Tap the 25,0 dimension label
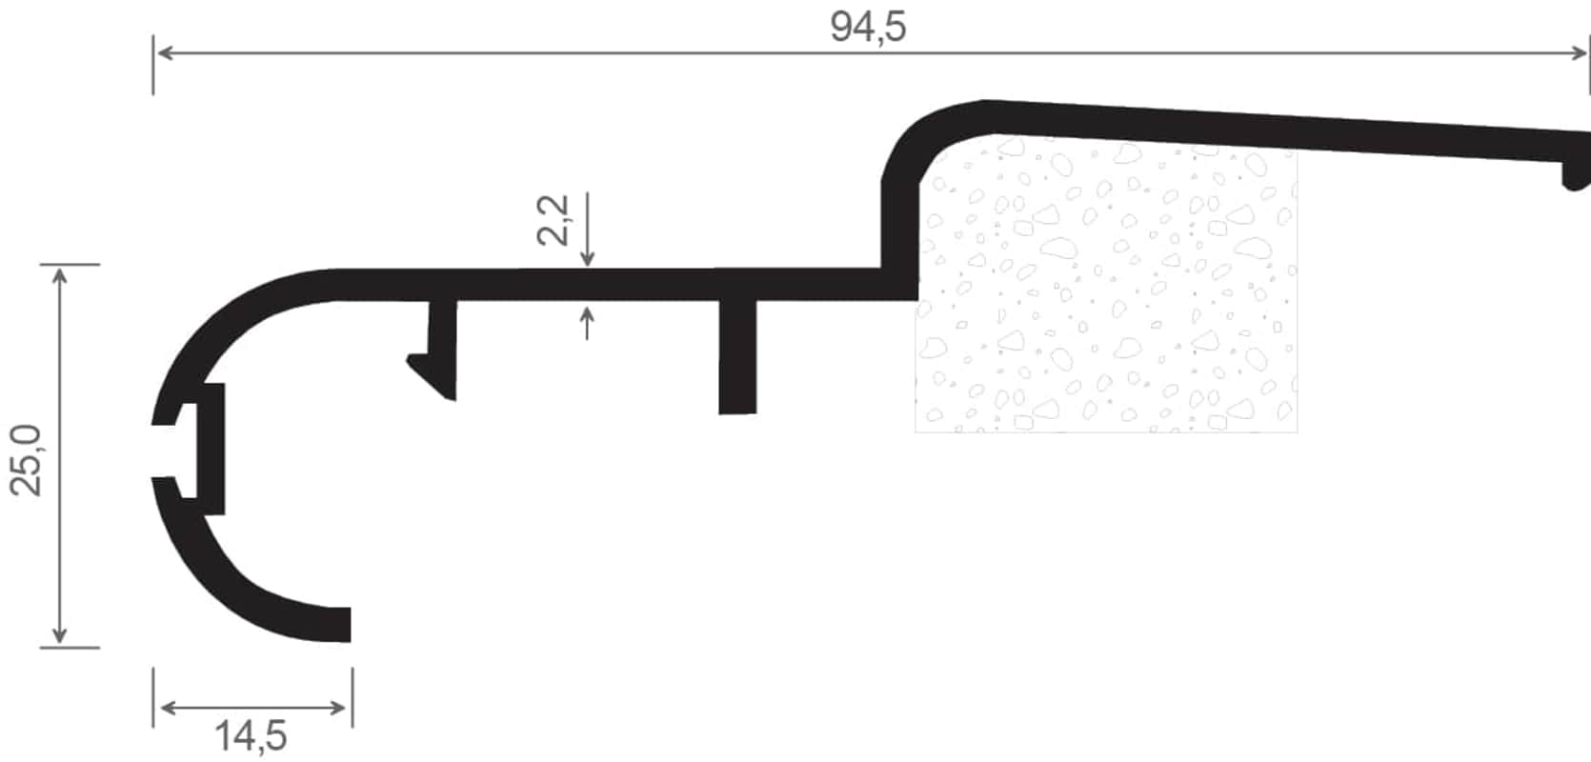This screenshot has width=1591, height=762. click(x=27, y=460)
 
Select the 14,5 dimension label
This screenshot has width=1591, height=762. click(x=251, y=735)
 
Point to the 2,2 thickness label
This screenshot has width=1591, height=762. click(x=554, y=220)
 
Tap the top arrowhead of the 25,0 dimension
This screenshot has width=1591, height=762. click(x=60, y=276)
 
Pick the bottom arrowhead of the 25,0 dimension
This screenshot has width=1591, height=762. click(x=60, y=635)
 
